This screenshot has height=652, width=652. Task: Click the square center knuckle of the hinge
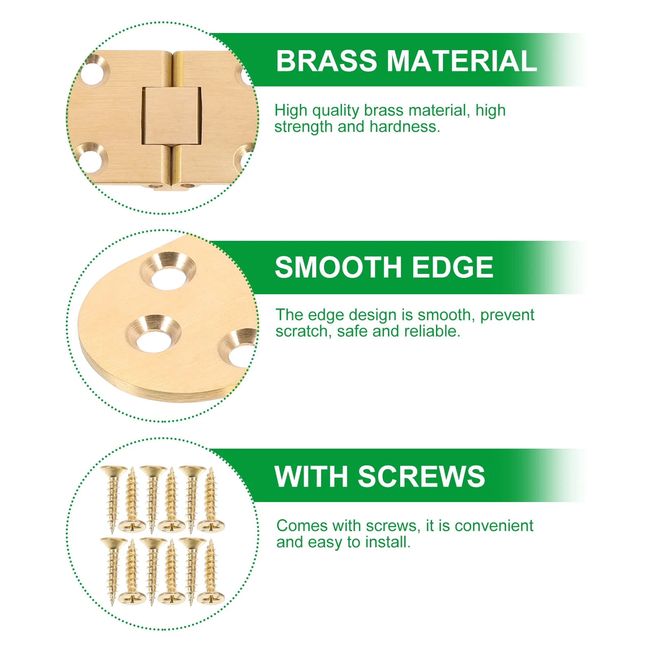click(172, 116)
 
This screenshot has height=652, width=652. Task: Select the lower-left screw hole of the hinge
click(90, 159)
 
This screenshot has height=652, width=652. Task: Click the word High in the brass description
click(291, 111)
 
